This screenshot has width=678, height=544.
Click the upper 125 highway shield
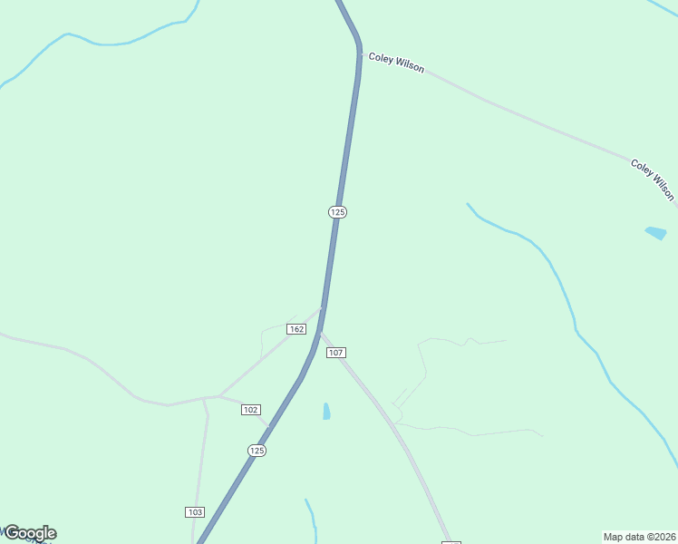(x=337, y=211)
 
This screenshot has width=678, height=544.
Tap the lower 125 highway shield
(x=257, y=451)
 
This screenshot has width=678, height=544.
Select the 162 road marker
(x=296, y=328)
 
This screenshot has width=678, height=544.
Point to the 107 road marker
(x=335, y=352)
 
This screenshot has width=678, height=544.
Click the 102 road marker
(x=251, y=410)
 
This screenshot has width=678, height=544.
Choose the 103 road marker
(x=195, y=512)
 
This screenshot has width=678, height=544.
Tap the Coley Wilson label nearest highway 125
(x=396, y=63)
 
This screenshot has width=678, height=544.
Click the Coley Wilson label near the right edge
(x=653, y=180)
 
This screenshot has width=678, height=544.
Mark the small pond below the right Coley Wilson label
(x=655, y=233)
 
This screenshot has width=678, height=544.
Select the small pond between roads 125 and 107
(x=326, y=411)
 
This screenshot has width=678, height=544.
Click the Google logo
(x=30, y=533)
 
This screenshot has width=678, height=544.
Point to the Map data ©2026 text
(x=639, y=536)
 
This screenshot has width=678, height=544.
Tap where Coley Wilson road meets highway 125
(x=361, y=54)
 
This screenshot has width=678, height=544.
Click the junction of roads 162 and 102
(x=219, y=396)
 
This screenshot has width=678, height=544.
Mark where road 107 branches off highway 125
(x=321, y=331)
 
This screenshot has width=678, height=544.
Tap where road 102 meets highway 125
(x=269, y=427)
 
